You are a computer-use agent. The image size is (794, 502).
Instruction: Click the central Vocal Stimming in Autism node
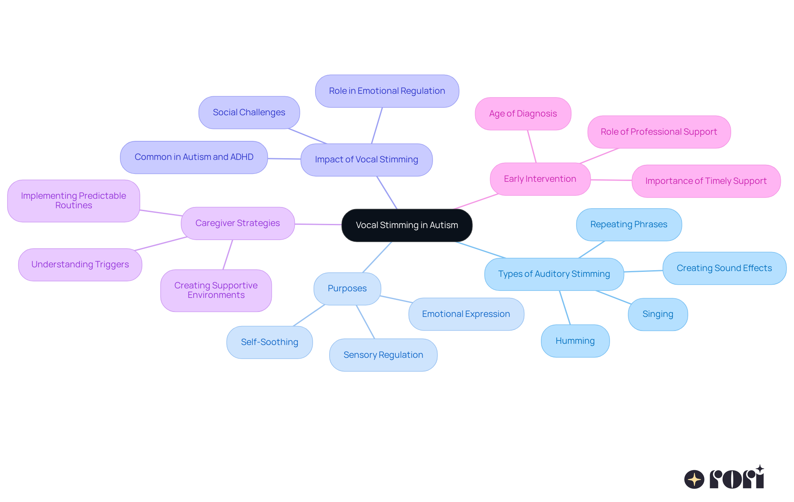point(407,225)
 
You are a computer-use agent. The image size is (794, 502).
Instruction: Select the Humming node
point(575,341)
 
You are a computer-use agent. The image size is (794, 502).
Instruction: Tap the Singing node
point(658,314)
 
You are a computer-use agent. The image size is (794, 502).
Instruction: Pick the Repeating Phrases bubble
point(629,224)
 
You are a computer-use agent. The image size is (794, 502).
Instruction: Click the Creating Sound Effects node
point(724,268)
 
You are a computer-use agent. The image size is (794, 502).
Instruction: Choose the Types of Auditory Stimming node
point(554,274)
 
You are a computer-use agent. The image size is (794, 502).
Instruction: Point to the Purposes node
point(347,288)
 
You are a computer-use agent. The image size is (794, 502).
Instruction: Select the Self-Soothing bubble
point(269,342)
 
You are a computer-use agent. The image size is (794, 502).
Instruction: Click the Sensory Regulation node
point(383,355)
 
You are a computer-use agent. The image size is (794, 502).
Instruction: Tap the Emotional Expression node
point(466,314)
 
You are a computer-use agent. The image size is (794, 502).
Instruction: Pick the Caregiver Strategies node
point(237,223)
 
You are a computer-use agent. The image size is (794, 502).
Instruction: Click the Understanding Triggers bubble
point(80,264)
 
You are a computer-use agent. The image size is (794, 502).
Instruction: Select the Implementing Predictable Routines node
point(74,201)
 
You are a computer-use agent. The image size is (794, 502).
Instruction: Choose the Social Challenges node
point(249,112)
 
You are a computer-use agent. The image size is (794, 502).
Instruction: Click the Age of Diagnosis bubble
point(523,114)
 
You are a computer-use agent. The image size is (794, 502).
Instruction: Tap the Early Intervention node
point(540,179)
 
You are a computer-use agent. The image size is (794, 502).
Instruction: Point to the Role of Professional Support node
point(659,132)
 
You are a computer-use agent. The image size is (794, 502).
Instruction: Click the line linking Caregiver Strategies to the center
point(318,224)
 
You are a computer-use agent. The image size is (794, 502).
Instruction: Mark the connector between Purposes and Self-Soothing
point(309,316)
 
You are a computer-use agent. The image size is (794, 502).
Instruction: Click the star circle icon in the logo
point(694,479)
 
